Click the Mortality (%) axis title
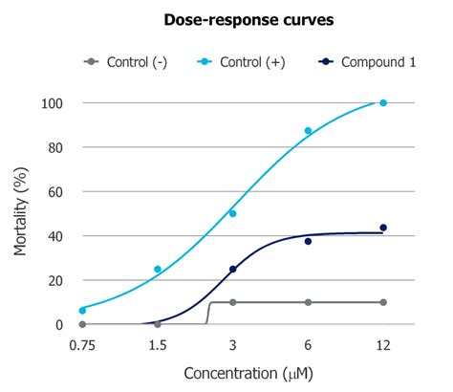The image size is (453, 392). point(22,213)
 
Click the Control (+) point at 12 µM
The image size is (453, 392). point(383,102)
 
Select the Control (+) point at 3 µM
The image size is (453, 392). point(232,213)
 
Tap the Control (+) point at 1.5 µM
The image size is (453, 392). point(158,269)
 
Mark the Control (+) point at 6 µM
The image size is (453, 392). point(308,131)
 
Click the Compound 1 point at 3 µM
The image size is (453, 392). point(232,269)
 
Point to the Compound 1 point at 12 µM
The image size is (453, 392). point(383,228)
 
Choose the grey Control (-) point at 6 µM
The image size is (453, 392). point(308,302)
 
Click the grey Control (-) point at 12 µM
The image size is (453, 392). point(383,302)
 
